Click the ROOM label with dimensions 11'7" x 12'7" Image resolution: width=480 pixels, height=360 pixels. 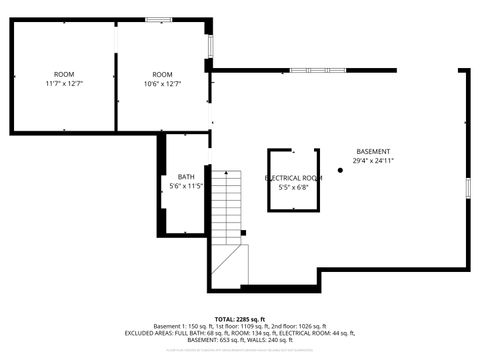[x=64, y=75]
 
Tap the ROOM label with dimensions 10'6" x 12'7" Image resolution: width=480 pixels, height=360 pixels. [x=162, y=75]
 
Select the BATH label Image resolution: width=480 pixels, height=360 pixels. [x=187, y=177]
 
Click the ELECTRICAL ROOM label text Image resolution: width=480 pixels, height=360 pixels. [x=292, y=177]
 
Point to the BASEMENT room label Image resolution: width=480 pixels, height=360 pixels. [x=374, y=151]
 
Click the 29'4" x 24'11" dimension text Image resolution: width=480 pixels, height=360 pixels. [x=374, y=160]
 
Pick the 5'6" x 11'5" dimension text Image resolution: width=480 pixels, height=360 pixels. [x=187, y=186]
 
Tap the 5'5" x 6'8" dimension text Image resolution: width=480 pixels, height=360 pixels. [x=292, y=186]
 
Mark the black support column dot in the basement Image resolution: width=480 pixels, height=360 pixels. [x=340, y=170]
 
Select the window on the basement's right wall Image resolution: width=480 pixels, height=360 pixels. [x=467, y=188]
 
